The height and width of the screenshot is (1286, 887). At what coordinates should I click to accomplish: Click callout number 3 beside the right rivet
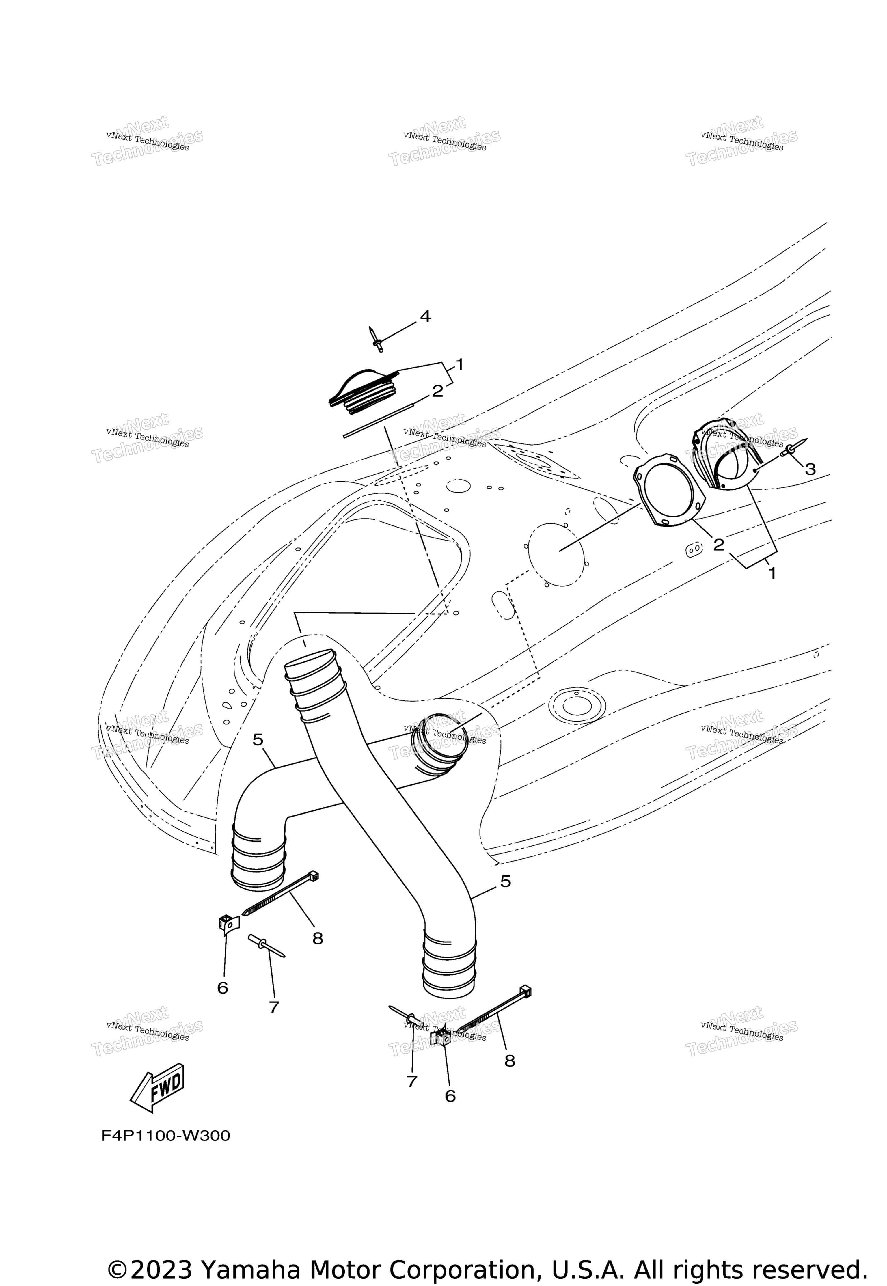tap(810, 469)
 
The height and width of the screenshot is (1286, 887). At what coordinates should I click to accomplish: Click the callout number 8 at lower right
tap(510, 1061)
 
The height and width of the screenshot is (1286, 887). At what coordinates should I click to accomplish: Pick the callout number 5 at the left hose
tap(258, 740)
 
